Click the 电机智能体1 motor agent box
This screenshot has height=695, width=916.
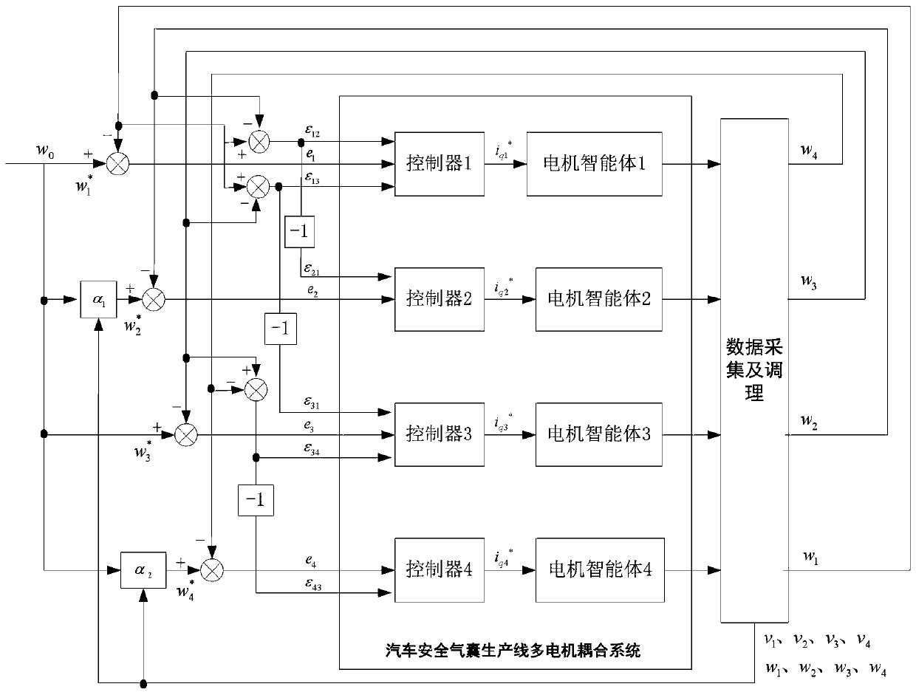595,164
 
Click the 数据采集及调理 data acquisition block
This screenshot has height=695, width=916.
753,369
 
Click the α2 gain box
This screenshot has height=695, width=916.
140,570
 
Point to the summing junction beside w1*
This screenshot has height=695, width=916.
117,164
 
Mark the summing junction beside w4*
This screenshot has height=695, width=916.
211,569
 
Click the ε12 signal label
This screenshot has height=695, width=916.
314,134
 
